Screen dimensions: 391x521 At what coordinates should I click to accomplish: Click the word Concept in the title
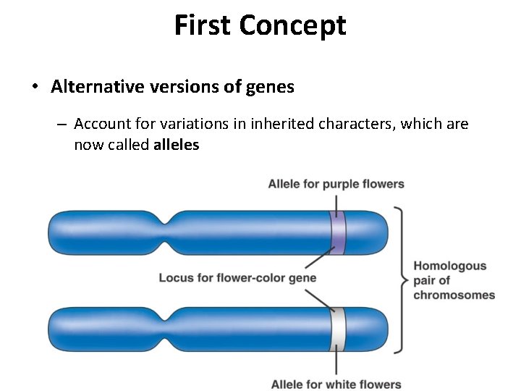292,26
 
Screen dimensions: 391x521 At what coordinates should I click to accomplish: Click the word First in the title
203,25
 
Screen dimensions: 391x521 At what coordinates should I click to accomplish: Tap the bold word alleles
176,145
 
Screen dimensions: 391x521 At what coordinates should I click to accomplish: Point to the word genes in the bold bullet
269,88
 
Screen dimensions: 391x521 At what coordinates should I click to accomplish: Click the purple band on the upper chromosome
337,233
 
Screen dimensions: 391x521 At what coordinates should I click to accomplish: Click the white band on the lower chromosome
337,329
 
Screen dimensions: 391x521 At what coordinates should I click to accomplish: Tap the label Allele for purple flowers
336,184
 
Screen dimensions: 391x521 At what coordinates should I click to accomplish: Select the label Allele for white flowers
336,384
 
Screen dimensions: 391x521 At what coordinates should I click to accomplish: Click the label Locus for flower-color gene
237,277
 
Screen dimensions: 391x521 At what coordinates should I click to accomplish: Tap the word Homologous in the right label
449,266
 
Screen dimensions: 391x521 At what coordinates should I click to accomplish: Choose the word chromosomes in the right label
454,295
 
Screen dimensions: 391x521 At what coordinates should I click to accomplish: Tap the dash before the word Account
62,125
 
